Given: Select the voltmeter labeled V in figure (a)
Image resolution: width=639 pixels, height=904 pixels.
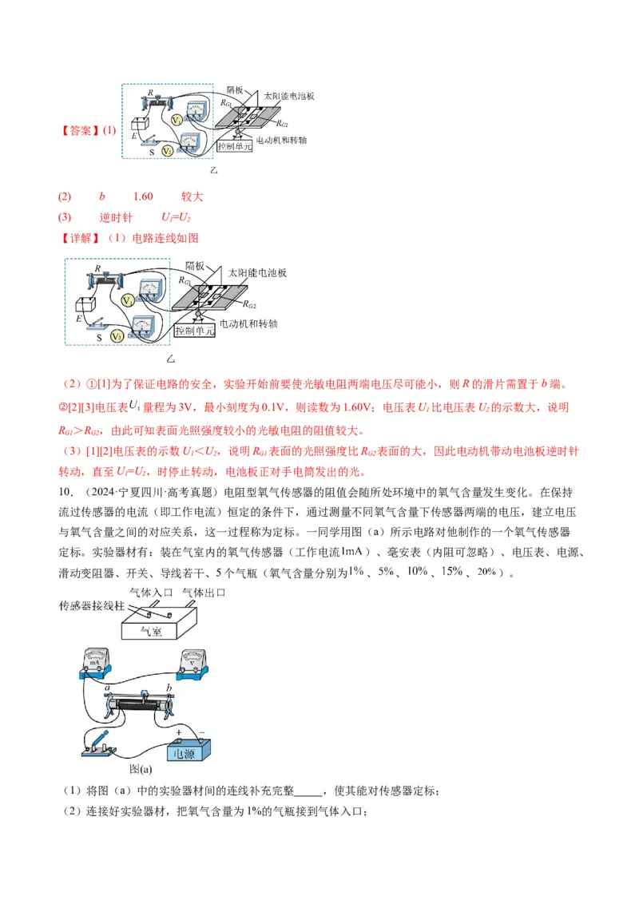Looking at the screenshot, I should [192, 662].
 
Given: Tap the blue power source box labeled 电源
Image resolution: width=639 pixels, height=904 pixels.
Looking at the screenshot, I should [187, 751].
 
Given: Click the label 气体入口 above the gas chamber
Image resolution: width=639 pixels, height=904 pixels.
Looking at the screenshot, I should [152, 593].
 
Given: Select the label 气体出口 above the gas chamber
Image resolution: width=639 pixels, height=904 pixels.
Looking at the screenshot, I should [204, 593].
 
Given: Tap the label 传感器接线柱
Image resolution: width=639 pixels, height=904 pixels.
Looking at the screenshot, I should [92, 606].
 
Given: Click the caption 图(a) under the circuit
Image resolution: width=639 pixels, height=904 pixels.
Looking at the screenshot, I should [141, 770].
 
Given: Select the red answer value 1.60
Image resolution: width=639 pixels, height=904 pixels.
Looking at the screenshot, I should [143, 196].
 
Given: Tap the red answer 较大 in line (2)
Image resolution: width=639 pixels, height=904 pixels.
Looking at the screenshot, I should [192, 196].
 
